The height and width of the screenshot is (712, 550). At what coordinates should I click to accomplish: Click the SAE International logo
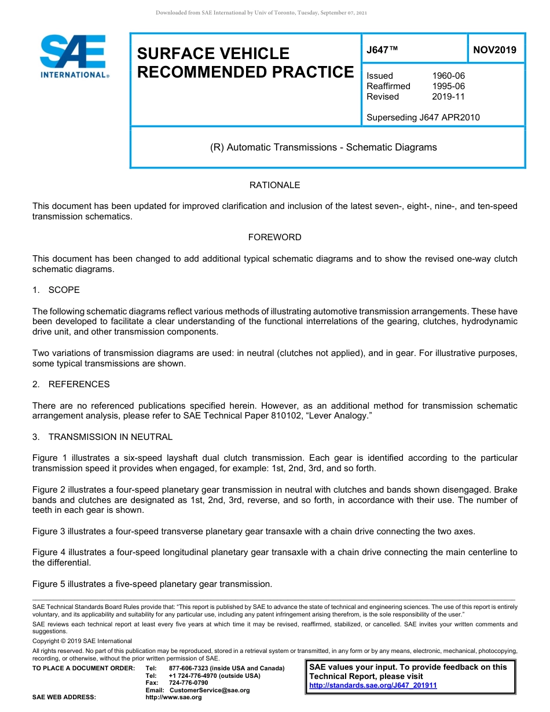coord(74,56)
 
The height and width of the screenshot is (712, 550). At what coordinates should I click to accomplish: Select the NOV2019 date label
coord(494,50)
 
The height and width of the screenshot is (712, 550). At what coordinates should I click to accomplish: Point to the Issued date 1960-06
coord(448,76)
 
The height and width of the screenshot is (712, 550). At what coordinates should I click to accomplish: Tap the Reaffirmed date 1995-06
coord(448,86)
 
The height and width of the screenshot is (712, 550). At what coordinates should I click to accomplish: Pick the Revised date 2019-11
coord(448,97)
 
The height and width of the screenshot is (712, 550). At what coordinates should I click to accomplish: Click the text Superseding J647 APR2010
coord(423,118)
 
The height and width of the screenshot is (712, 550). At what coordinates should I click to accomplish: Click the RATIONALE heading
coord(274,185)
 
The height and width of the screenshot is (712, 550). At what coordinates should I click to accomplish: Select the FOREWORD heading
coord(274,237)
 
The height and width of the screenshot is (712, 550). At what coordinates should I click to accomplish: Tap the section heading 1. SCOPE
coord(56,290)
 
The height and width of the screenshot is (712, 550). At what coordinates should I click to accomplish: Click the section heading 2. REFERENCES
coord(71,384)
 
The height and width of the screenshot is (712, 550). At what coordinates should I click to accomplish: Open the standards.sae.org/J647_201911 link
coord(373,685)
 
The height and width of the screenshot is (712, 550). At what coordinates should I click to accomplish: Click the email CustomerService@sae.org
coord(210,690)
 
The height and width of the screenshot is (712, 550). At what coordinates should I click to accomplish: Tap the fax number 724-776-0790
coord(188,683)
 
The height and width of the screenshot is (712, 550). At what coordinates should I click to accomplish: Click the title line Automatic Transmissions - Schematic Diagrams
coord(323,147)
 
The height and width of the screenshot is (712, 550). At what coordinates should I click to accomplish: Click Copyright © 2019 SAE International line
coord(82,641)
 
